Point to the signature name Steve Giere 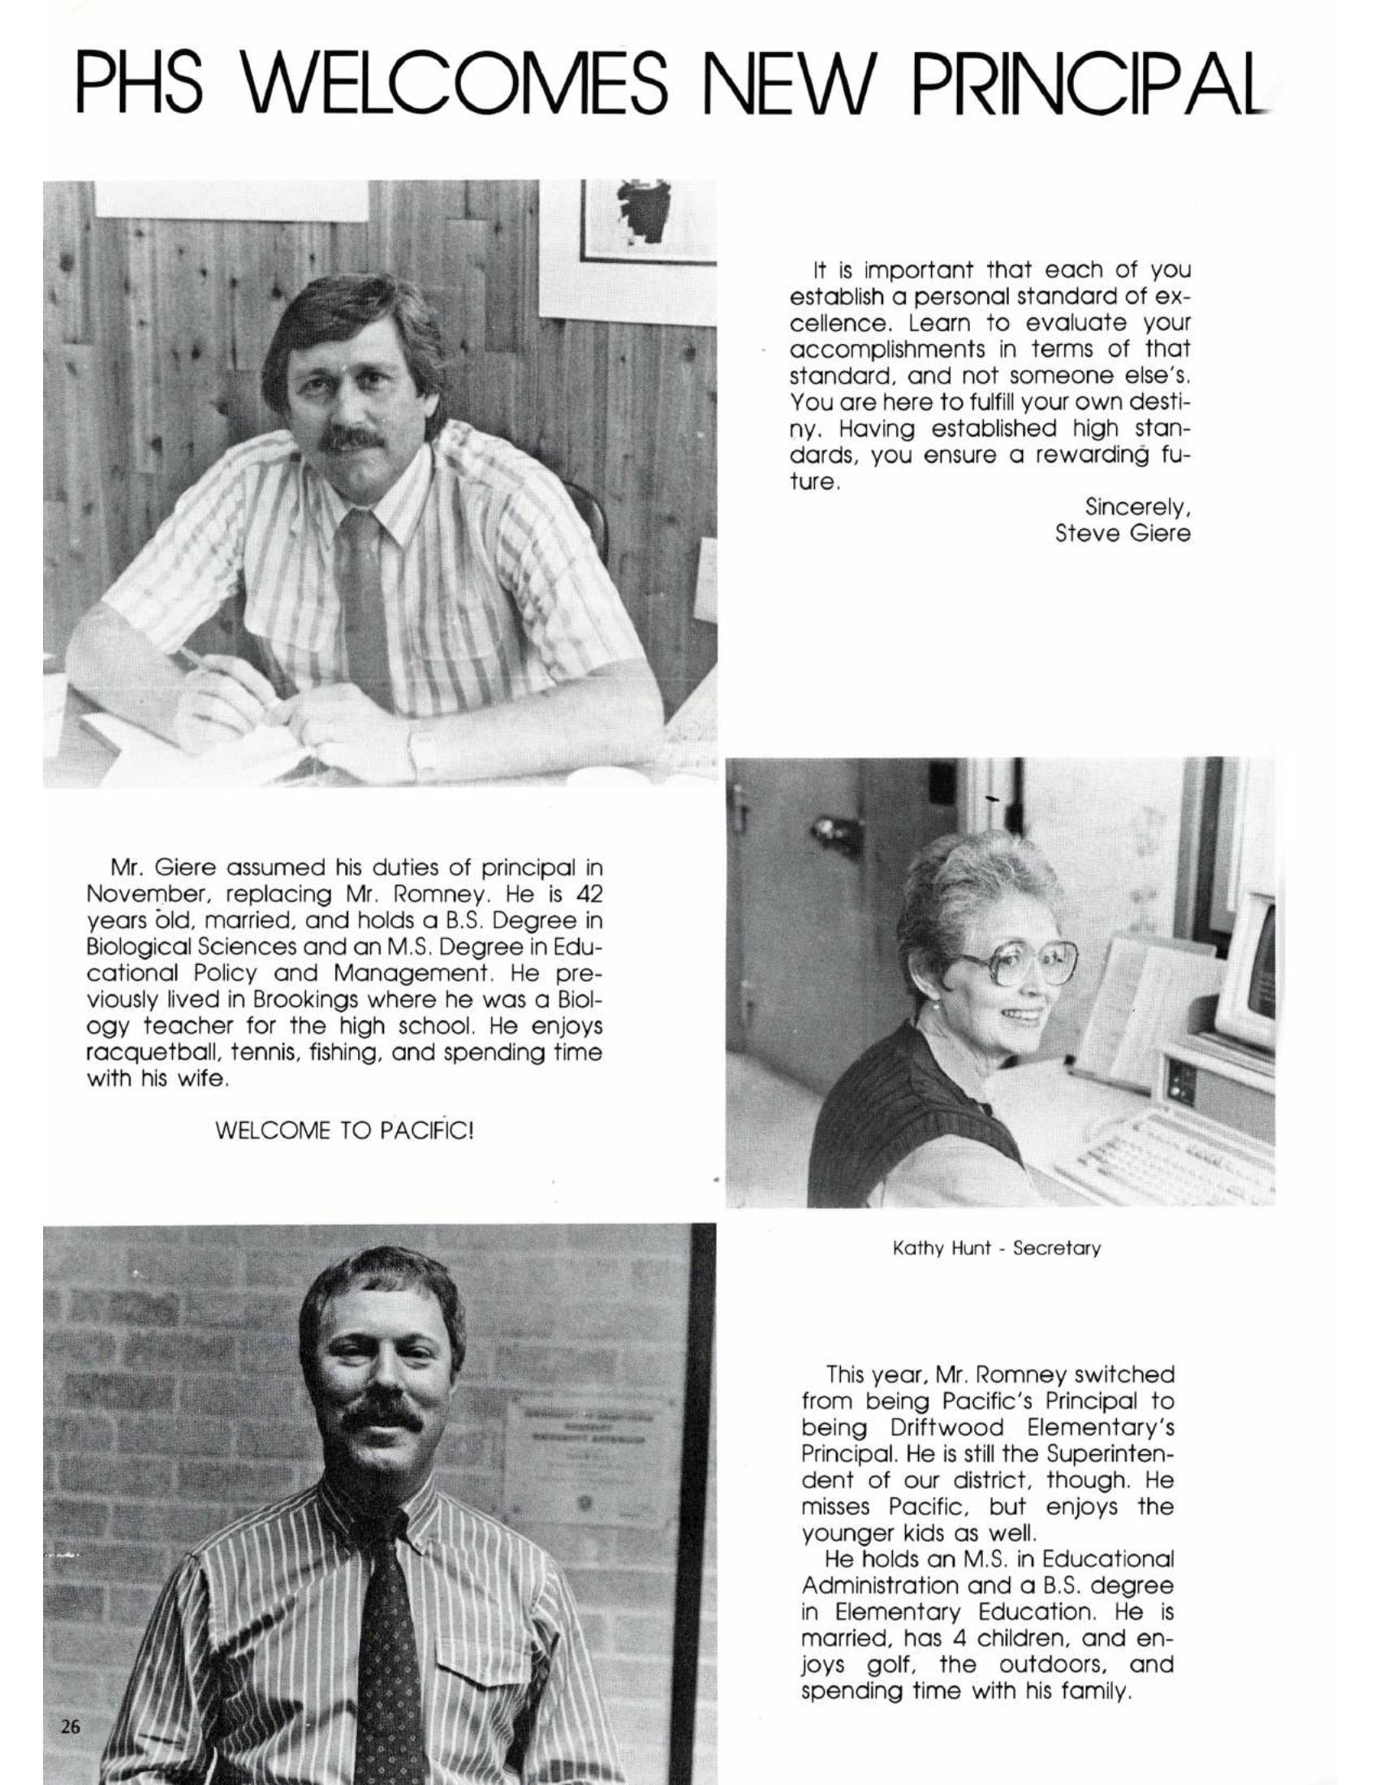tap(1122, 535)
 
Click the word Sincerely tap(1136, 507)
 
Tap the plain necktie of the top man tap(365, 604)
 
